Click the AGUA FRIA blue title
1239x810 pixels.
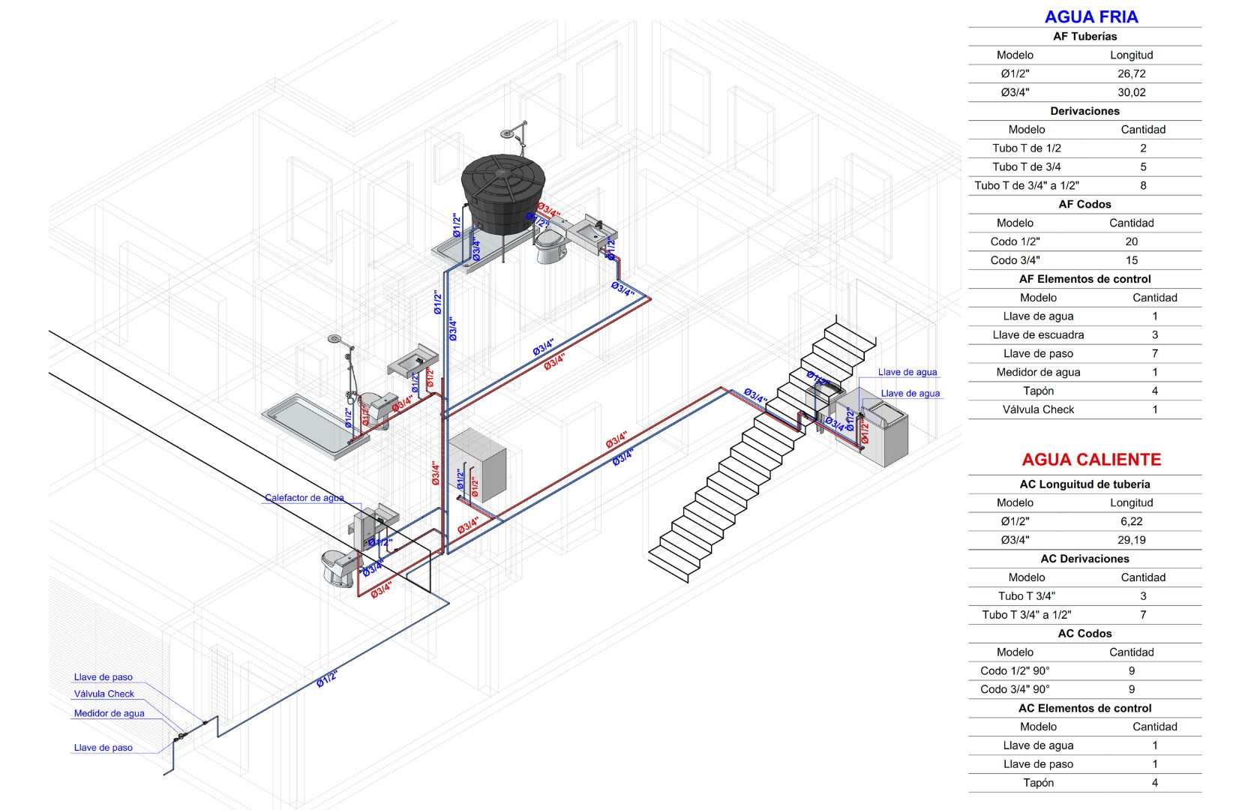[1090, 16]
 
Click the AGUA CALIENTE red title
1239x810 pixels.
[1090, 459]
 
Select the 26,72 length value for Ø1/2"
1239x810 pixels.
[1131, 73]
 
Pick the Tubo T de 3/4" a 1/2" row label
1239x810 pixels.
[1026, 185]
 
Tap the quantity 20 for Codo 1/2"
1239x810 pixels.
[1131, 241]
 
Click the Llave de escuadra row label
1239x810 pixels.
[1038, 334]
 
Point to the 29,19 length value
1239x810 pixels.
[1131, 540]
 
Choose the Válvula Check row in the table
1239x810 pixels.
[1038, 409]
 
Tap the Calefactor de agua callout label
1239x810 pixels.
[304, 498]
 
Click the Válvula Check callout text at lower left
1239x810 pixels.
[103, 694]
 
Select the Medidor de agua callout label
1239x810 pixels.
[109, 713]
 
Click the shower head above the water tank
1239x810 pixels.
[511, 133]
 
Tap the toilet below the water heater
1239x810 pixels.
[339, 566]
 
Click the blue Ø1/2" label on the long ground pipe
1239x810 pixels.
[326, 679]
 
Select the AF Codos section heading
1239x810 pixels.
[1084, 204]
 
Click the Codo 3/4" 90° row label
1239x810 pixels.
[1014, 689]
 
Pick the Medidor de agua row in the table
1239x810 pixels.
[1038, 372]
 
